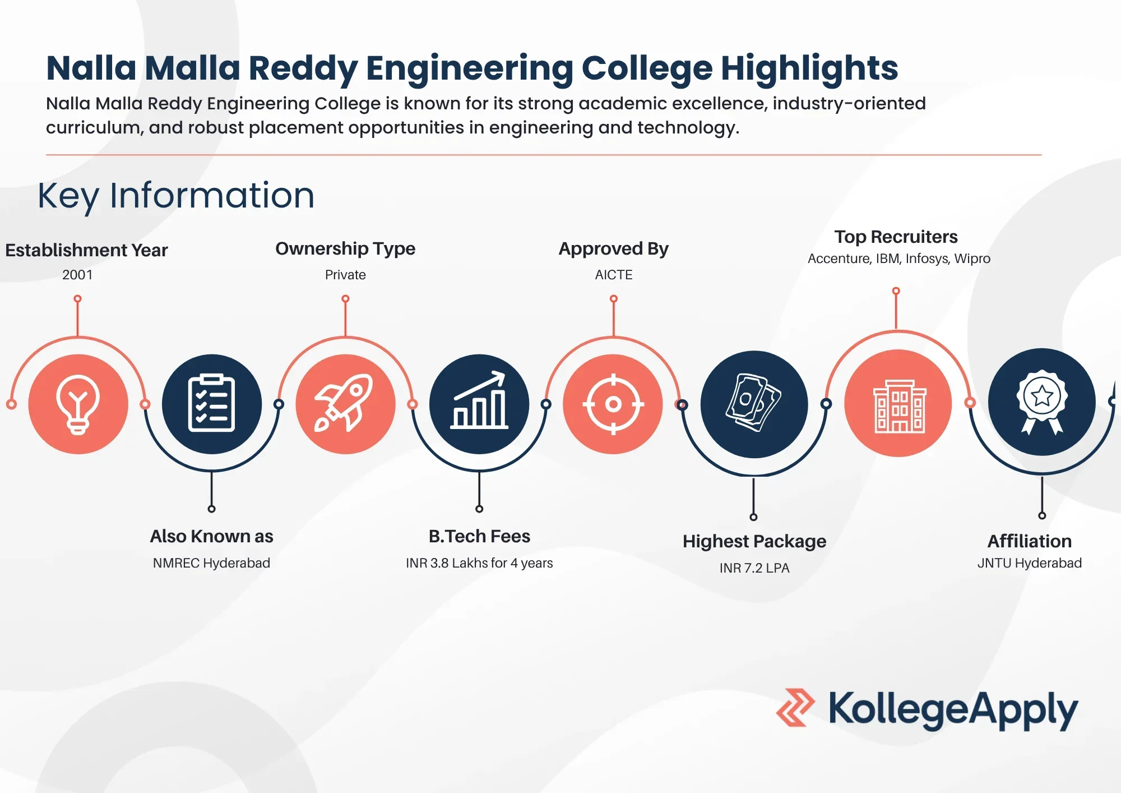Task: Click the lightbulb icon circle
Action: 78,404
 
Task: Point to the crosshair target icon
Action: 613,404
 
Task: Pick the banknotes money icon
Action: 753,402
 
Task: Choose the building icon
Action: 900,406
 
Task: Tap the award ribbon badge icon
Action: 1042,402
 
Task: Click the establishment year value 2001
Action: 77,275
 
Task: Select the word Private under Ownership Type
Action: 345,275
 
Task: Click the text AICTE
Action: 614,275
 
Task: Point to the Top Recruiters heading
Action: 896,237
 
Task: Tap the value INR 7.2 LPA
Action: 754,568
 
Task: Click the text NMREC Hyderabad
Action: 211,563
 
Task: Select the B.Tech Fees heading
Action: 479,536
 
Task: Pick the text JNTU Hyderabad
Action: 1030,563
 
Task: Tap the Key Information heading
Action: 176,196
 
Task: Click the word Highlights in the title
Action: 809,69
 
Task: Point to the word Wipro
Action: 972,259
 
